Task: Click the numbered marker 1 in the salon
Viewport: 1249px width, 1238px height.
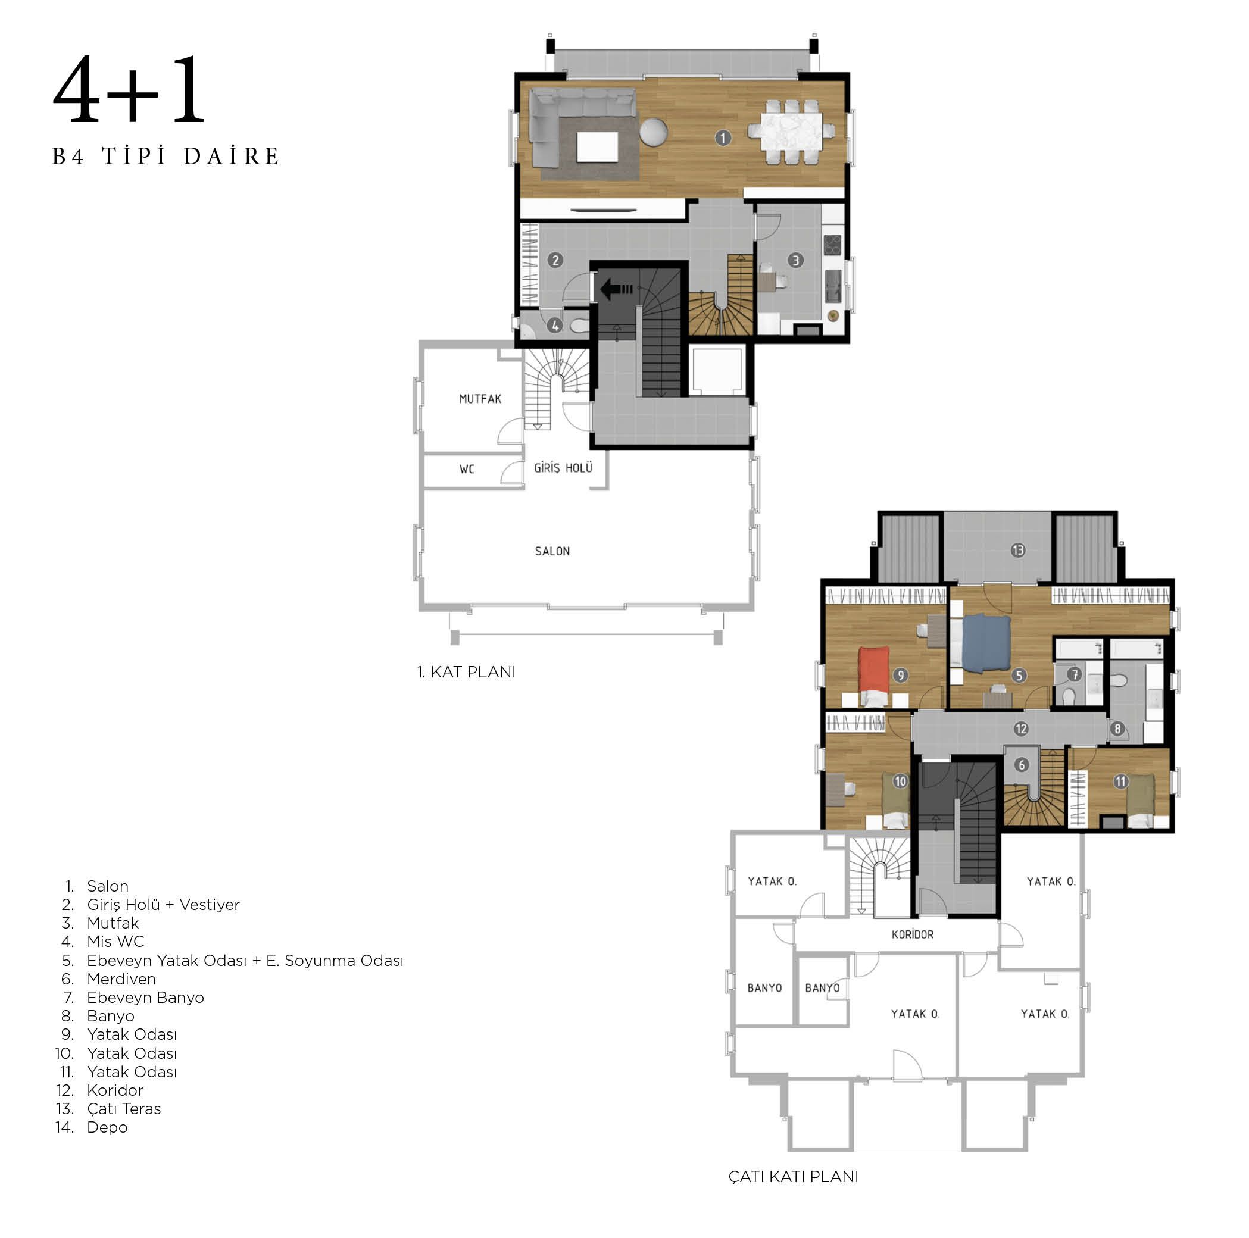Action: point(723,137)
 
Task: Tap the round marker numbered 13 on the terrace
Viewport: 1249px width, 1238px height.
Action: point(1017,550)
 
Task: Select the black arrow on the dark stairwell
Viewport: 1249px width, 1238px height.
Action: point(616,289)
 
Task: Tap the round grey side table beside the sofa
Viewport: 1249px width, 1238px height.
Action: point(654,133)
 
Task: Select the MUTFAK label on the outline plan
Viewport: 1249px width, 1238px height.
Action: point(480,399)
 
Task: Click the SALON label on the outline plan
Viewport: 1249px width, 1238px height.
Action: point(552,551)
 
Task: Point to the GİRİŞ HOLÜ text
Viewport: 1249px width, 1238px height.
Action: point(563,468)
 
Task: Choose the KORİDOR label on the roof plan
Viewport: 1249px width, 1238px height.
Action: point(912,934)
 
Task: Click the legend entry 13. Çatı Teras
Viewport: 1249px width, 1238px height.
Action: point(108,1108)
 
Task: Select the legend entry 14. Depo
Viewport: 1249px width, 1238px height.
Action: point(92,1127)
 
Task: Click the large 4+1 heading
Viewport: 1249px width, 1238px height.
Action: point(129,90)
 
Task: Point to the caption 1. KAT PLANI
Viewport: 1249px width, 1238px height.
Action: point(466,672)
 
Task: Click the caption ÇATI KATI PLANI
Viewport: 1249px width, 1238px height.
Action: point(793,1177)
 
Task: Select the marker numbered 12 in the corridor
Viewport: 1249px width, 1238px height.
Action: point(1021,729)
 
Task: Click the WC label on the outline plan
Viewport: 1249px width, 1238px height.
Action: point(467,468)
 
